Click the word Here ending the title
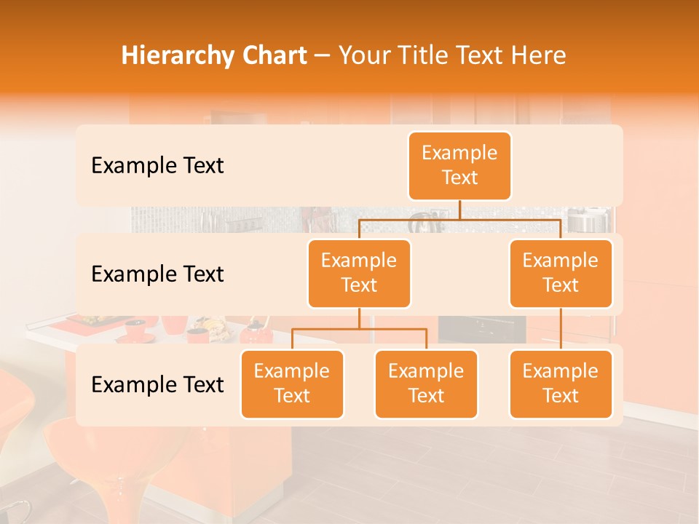539,56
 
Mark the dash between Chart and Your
323,57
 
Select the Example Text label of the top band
157,166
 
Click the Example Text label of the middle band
157,274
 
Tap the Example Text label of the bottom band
157,385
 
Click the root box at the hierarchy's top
459,166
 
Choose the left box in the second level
359,274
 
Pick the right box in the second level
561,274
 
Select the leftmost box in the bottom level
292,384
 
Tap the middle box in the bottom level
426,384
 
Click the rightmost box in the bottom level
561,384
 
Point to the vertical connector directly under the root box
459,210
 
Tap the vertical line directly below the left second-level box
359,318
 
